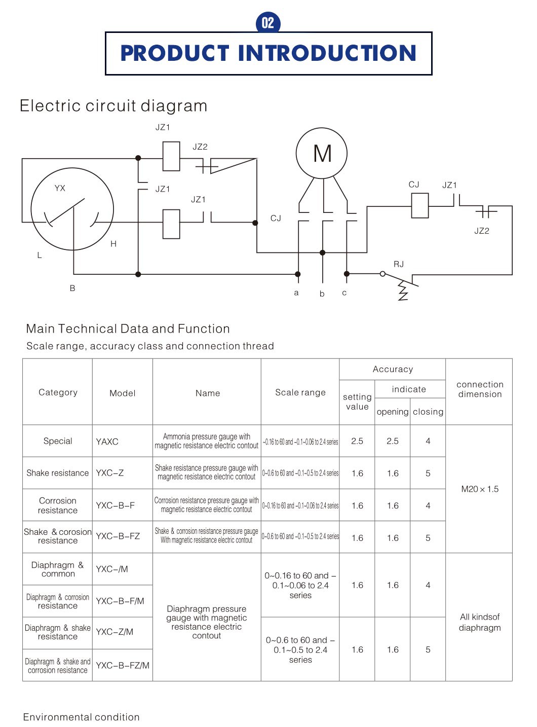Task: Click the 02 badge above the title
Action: (x=268, y=23)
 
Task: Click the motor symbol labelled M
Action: (x=322, y=153)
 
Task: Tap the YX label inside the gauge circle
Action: (x=60, y=188)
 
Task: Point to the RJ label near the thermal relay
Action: (x=399, y=264)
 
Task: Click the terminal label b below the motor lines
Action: (x=322, y=294)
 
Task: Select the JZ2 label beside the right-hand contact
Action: (x=481, y=231)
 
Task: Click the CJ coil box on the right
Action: (x=419, y=206)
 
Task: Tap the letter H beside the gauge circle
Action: (x=113, y=244)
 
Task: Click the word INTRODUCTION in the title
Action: (x=327, y=53)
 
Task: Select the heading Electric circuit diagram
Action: (x=113, y=106)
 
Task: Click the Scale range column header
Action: (x=300, y=392)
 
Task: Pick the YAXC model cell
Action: (x=107, y=442)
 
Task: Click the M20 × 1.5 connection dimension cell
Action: (x=479, y=489)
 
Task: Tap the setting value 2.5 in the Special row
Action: (x=357, y=441)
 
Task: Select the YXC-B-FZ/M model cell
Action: (x=123, y=665)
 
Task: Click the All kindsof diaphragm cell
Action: (x=479, y=622)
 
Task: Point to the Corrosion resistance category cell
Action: (x=58, y=505)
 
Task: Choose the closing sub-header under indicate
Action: (x=428, y=412)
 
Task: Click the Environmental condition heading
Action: (x=82, y=717)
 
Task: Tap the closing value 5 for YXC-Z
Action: (x=428, y=474)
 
